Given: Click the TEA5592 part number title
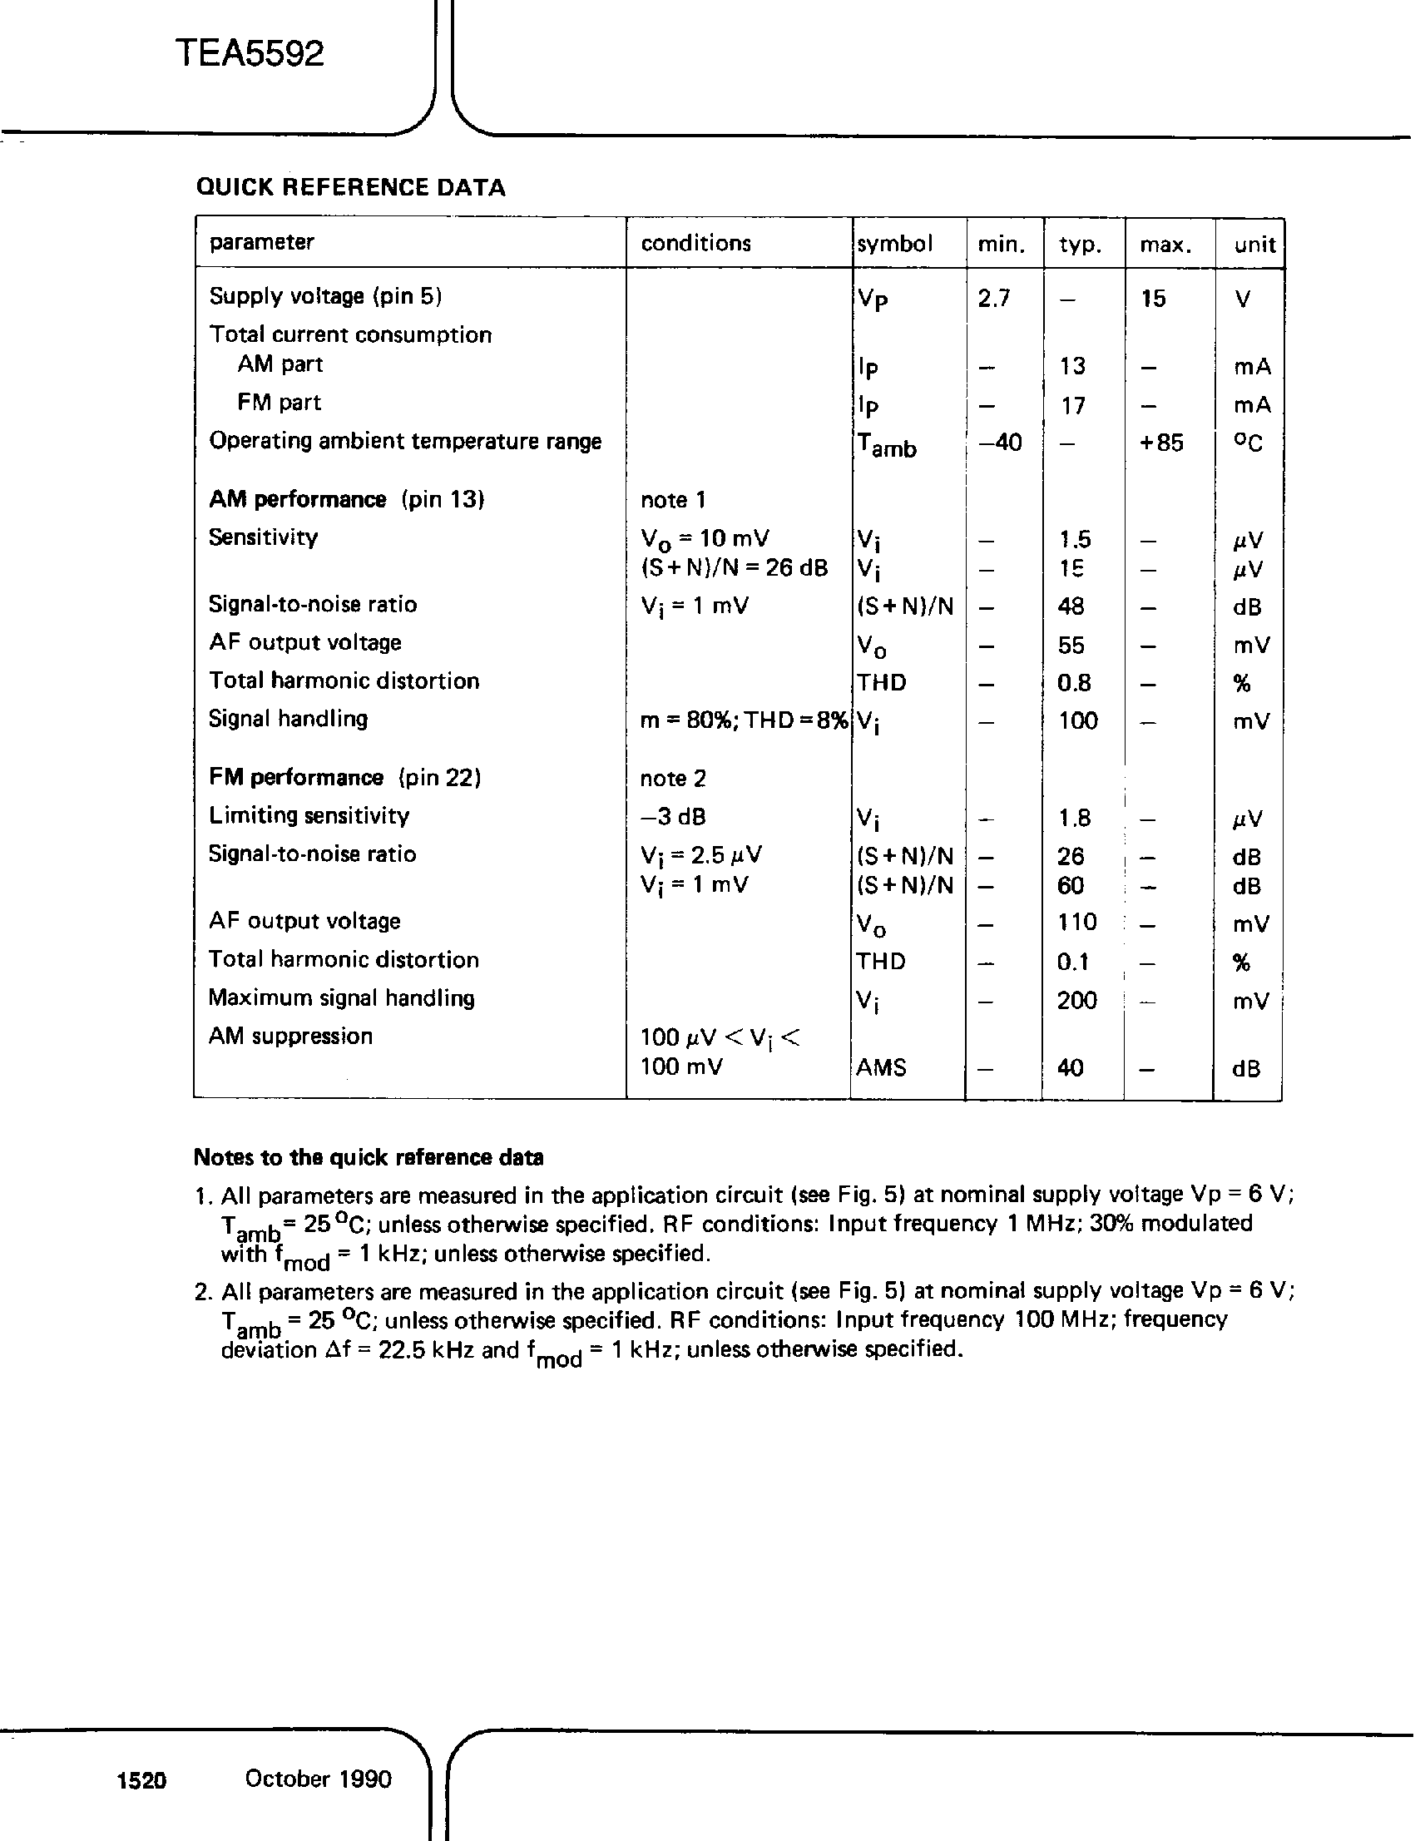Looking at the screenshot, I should [250, 55].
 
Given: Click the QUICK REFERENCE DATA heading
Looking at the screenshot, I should [350, 187].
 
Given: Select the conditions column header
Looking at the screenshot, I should [695, 244].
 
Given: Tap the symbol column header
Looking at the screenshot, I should [895, 244].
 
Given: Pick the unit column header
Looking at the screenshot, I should [1254, 245].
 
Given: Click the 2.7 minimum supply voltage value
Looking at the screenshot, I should [993, 299].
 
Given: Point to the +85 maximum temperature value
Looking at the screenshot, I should [1161, 443].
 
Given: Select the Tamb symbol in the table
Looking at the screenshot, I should [887, 445].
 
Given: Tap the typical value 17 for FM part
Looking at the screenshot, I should [1073, 406].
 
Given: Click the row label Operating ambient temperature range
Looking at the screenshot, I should [405, 441].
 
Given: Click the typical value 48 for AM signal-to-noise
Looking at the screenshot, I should [1071, 606].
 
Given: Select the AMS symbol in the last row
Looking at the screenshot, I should [882, 1068].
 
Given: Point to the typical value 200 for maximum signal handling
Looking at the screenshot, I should [1077, 1001].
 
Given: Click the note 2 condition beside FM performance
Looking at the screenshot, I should [672, 778].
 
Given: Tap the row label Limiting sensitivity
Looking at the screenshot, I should [309, 815].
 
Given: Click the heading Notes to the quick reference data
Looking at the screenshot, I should [369, 1157].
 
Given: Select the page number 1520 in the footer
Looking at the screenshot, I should [141, 1780].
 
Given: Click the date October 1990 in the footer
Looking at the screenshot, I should [319, 1779].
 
